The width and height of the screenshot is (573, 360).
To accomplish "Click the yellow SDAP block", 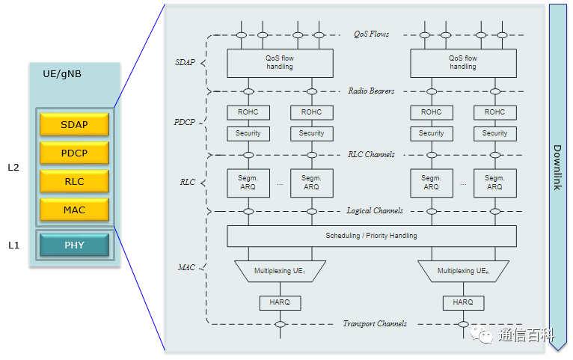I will (x=74, y=124).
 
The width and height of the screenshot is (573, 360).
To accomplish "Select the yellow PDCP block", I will (x=74, y=153).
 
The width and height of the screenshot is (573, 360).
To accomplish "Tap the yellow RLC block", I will (x=74, y=181).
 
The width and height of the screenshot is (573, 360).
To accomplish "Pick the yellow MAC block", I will (x=74, y=210).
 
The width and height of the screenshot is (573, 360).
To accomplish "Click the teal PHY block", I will (x=74, y=245).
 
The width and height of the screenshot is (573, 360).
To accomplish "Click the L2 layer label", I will (x=13, y=167).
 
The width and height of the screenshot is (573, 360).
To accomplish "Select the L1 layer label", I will (x=13, y=245).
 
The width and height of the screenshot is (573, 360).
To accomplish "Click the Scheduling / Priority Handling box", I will (x=371, y=236).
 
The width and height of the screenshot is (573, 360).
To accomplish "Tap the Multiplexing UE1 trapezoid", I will (x=280, y=271).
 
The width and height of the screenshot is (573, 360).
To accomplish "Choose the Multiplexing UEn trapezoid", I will (x=463, y=271).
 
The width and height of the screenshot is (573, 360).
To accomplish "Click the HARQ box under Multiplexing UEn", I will (x=463, y=302).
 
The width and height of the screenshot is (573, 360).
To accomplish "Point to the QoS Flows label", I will (x=371, y=34).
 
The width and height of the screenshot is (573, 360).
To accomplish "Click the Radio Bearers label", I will (x=371, y=91).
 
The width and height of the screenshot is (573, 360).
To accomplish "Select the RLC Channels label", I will (x=371, y=155).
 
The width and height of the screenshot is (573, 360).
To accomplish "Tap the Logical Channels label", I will (x=375, y=211).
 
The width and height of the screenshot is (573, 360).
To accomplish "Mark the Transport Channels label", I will (x=375, y=324).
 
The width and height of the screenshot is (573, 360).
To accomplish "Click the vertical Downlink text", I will (x=557, y=166).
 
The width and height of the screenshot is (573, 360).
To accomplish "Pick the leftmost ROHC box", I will (x=248, y=112).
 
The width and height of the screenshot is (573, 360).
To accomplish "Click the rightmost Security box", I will (x=494, y=133).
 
